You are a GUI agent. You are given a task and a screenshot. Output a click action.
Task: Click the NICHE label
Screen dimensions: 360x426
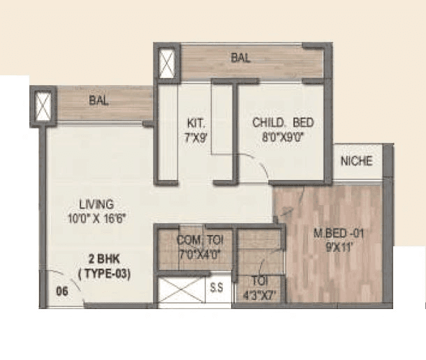[x=356, y=161]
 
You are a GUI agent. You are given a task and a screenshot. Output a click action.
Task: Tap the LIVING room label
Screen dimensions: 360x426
[x=96, y=204]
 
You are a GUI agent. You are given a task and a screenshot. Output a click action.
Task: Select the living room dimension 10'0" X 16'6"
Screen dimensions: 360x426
[x=96, y=218]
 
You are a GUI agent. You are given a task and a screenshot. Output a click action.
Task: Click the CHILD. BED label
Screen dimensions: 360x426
[x=282, y=123]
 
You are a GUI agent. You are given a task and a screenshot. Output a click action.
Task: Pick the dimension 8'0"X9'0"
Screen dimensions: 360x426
[x=282, y=137]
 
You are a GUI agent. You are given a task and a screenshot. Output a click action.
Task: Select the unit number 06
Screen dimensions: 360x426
[x=62, y=292]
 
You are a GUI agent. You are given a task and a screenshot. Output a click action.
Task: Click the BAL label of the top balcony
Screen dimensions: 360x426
[x=240, y=58]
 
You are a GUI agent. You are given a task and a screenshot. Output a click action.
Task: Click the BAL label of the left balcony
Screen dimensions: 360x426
[x=98, y=100]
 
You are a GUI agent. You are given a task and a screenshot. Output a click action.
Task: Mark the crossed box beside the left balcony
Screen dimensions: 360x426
[x=43, y=106]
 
